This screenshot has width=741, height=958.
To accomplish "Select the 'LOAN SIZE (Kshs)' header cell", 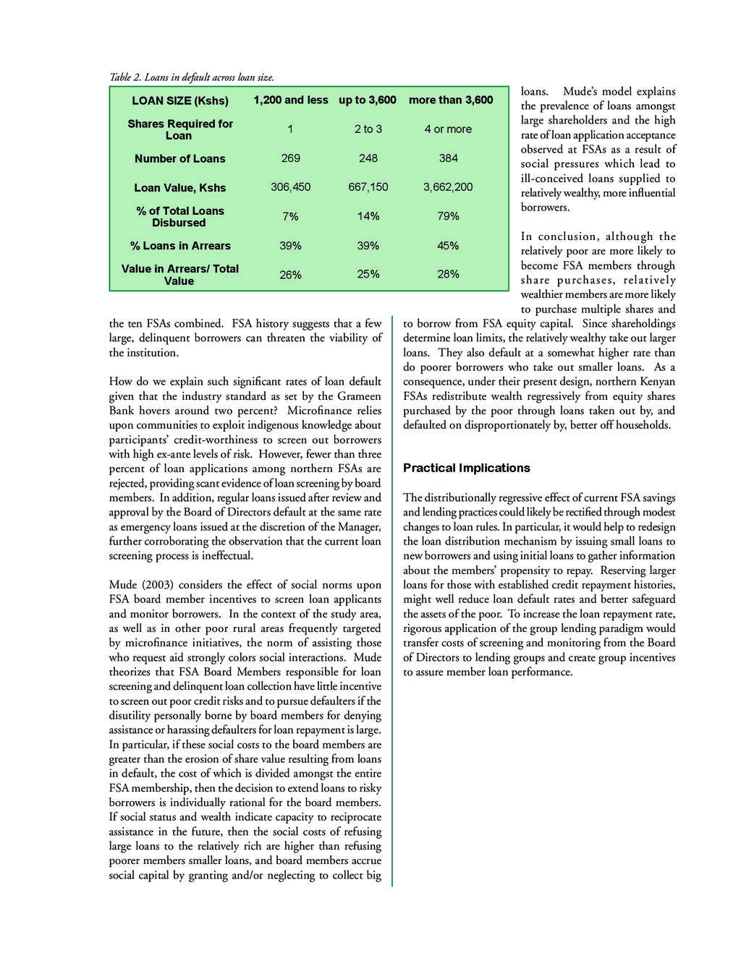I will (x=180, y=100).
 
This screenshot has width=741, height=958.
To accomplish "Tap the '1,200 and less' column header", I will (x=290, y=100).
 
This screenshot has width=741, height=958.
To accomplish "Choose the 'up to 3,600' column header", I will (x=368, y=100).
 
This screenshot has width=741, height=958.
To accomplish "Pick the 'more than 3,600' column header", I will (x=451, y=100).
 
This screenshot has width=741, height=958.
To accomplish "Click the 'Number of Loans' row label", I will (x=179, y=158).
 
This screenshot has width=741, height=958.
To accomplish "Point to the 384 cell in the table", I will (x=448, y=158).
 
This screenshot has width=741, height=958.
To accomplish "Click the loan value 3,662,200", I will (x=448, y=187).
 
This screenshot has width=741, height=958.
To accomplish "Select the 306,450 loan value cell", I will (x=290, y=187).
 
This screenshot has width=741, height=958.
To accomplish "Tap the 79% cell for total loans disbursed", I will (x=448, y=216).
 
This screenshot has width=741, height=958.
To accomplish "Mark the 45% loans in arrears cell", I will (x=448, y=245).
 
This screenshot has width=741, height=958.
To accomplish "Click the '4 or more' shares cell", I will (x=448, y=129).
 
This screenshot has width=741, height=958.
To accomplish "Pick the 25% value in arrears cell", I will (x=368, y=275).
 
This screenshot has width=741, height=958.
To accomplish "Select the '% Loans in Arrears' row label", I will (x=180, y=246).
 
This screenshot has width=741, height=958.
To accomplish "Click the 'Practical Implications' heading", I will (x=466, y=468).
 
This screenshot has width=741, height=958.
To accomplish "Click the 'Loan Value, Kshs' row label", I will (x=180, y=188).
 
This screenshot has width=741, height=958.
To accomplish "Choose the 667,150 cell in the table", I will (x=368, y=187).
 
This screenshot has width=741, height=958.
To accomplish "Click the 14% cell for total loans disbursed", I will (x=368, y=216).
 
